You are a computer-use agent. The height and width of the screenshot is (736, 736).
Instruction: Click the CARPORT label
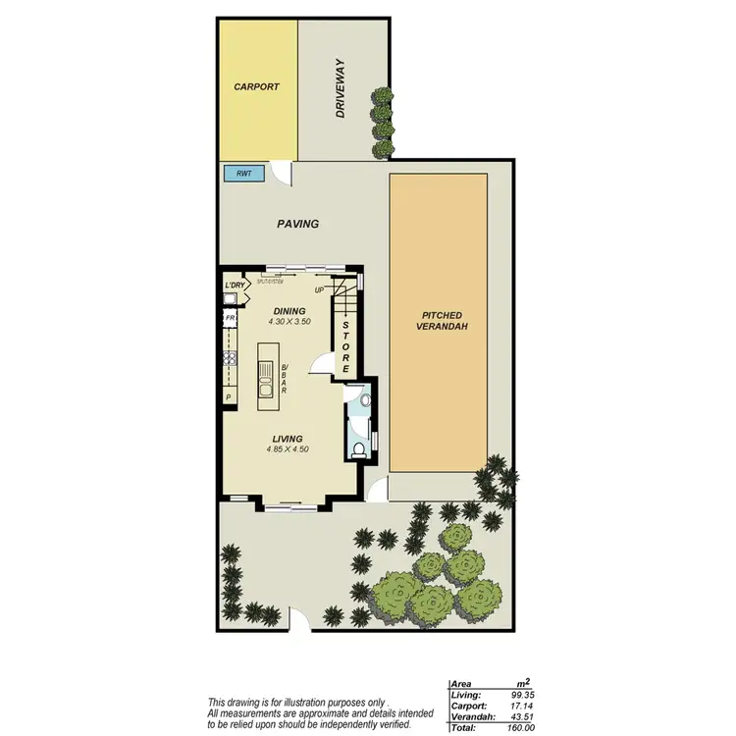pos(256,87)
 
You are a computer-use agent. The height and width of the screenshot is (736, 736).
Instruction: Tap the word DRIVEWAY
pos(341,88)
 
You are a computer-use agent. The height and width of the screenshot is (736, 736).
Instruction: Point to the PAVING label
pos(298,224)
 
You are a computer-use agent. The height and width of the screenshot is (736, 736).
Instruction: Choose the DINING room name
pos(289,311)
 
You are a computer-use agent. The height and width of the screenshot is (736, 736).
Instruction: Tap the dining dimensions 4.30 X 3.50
pos(289,322)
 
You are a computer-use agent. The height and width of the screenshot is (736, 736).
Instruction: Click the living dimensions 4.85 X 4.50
pos(288,449)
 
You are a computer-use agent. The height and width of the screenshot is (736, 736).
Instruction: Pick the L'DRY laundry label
pos(234,286)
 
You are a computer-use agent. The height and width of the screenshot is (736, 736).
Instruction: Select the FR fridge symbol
pos(230,319)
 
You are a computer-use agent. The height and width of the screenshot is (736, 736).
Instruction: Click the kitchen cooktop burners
pos(230,358)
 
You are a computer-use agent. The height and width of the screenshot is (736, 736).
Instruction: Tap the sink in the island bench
pos(266,371)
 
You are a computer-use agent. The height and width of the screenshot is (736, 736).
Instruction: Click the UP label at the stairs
pos(320,290)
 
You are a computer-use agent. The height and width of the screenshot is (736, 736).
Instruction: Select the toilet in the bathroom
pos(360,449)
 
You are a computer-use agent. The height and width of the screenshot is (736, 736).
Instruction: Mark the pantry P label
pos(228,397)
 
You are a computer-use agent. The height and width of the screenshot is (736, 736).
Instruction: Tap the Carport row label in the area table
pos(467,705)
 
